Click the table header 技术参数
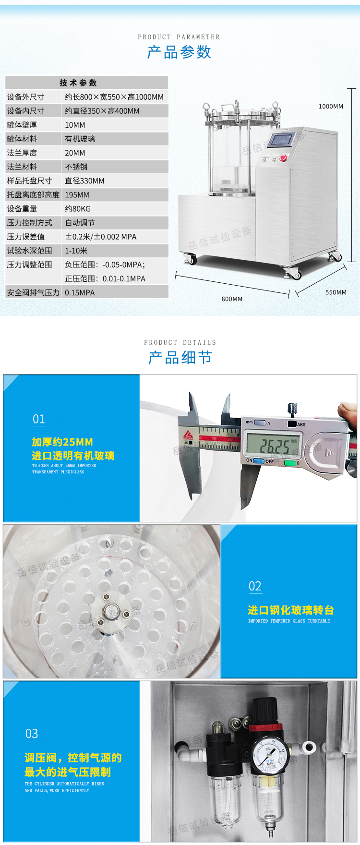(78, 83)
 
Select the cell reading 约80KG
(78, 209)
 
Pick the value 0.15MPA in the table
(80, 292)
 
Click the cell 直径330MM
(84, 181)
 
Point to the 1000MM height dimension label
(331, 106)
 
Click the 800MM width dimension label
(232, 299)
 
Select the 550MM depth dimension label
(336, 292)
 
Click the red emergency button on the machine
(285, 158)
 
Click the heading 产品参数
(179, 52)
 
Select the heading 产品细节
(180, 357)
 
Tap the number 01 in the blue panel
(39, 419)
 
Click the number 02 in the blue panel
(255, 586)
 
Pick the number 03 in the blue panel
(32, 734)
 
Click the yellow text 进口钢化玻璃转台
(290, 610)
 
